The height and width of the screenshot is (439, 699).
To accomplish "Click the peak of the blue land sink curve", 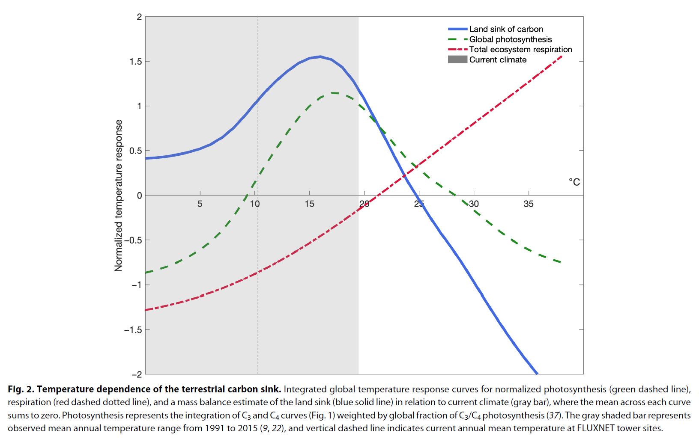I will click(x=320, y=56).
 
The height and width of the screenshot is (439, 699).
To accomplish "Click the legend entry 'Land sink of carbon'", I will click(x=506, y=29).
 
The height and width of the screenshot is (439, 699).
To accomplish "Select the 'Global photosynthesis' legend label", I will click(x=510, y=39).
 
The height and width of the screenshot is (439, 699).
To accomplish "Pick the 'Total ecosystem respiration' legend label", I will click(x=520, y=50).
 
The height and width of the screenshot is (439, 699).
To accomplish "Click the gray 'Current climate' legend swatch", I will click(x=457, y=59).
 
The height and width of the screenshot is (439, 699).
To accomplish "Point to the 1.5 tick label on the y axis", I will click(x=135, y=62).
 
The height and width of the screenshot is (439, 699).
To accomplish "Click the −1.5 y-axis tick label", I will click(x=133, y=330).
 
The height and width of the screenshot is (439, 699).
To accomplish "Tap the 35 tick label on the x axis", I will click(x=528, y=204).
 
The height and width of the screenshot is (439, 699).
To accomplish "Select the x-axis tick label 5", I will click(x=200, y=204).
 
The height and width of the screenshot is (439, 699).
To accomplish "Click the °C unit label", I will click(x=574, y=182).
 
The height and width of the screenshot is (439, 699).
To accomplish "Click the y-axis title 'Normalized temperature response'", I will click(x=119, y=195).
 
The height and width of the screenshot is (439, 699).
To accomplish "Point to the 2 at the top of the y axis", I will click(x=139, y=17).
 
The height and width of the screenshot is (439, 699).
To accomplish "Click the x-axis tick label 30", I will click(x=474, y=204).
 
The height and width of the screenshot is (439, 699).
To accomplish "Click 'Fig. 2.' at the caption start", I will click(x=21, y=389).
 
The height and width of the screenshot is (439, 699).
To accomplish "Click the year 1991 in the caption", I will click(x=214, y=428).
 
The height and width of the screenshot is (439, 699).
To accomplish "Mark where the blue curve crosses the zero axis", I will click(x=415, y=195).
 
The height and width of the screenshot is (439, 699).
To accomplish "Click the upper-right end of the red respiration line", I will click(x=561, y=56).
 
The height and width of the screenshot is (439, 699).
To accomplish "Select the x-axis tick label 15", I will click(x=309, y=204).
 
